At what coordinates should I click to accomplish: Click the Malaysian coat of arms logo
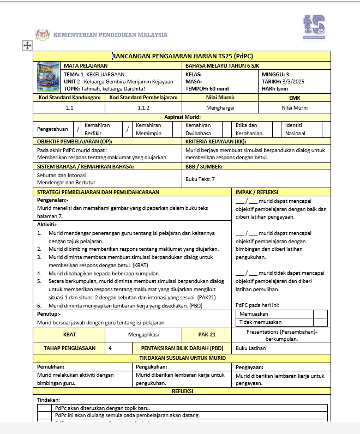point(43,34)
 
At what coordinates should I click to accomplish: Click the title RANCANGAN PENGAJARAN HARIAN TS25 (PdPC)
point(182,56)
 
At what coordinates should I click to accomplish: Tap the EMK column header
point(294,98)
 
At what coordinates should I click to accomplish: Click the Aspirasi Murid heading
point(182,117)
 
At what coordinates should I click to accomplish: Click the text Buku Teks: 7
point(200,179)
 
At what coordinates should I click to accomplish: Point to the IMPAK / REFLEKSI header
point(257,192)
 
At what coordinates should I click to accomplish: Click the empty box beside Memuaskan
point(321,314)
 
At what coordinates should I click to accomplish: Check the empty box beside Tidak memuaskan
point(321,322)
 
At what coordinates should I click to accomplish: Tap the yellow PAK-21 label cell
point(207,334)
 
